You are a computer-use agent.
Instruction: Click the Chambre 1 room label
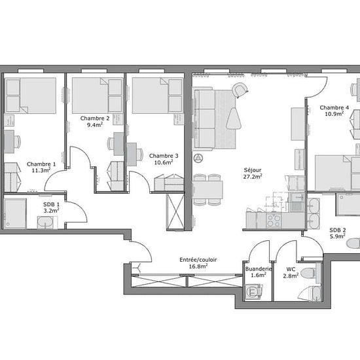(x=41, y=164)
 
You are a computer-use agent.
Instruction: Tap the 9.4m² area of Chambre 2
(x=95, y=124)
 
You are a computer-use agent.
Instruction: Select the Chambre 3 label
(x=164, y=156)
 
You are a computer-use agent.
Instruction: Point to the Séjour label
(x=253, y=170)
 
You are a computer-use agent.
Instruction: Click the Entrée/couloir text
(x=198, y=260)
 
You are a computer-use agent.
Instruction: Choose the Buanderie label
(x=259, y=269)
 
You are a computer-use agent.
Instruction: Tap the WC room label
(x=291, y=269)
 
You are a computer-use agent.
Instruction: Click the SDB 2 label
(x=338, y=230)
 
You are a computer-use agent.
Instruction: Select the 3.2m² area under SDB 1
(x=52, y=210)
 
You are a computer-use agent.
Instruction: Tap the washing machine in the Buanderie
(x=253, y=292)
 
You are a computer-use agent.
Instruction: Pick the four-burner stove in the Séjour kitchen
(x=274, y=221)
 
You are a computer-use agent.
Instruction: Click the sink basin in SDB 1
(x=45, y=223)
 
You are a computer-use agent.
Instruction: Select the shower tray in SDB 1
(x=15, y=213)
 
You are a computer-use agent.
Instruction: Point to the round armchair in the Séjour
(x=240, y=90)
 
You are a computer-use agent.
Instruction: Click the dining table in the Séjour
(x=207, y=190)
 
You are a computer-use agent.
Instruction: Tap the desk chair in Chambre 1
(x=17, y=141)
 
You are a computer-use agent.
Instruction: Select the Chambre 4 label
(x=334, y=107)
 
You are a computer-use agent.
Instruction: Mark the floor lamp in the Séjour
(x=198, y=158)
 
